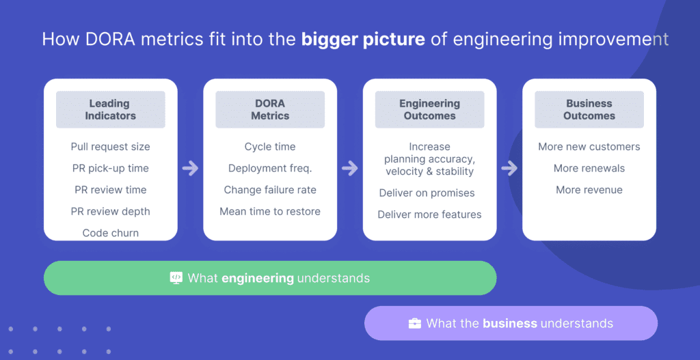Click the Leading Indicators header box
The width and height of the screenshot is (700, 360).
click(x=110, y=110)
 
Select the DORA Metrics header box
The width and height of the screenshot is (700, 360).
click(x=270, y=110)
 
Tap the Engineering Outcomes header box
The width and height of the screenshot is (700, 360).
click(x=429, y=110)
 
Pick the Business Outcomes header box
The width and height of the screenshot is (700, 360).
click(x=589, y=110)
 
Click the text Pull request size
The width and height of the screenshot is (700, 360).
click(x=110, y=147)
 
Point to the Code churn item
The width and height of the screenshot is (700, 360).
click(x=110, y=233)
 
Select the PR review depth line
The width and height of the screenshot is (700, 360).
click(x=110, y=211)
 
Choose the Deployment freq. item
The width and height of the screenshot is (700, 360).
click(x=270, y=168)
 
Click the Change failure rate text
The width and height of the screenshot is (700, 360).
click(x=270, y=190)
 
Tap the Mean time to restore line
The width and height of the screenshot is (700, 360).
click(x=270, y=211)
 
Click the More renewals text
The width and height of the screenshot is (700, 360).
click(x=589, y=168)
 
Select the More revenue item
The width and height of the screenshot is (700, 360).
click(x=589, y=190)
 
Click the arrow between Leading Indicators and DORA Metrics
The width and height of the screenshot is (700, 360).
click(x=191, y=168)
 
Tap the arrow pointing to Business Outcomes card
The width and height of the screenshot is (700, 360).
click(x=510, y=168)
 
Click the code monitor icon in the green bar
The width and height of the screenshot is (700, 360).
click(x=176, y=278)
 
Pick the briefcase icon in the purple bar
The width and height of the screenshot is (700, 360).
click(x=415, y=323)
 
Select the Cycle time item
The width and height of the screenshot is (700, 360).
click(x=270, y=147)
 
